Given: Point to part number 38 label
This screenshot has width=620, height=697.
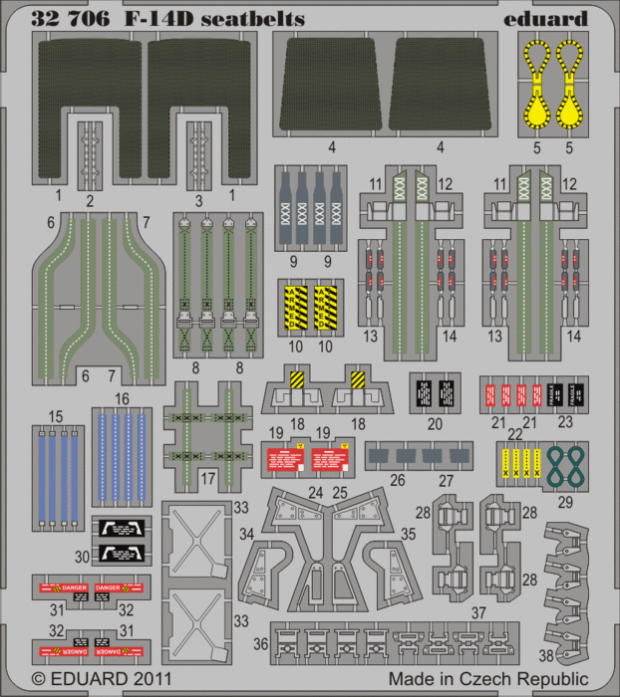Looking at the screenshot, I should click(544, 656).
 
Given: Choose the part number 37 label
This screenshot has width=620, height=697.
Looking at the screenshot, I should click(478, 611).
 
